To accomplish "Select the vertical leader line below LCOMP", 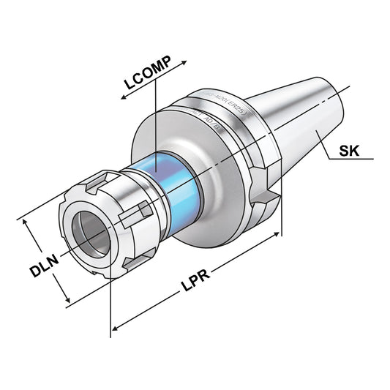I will [x=155, y=124].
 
